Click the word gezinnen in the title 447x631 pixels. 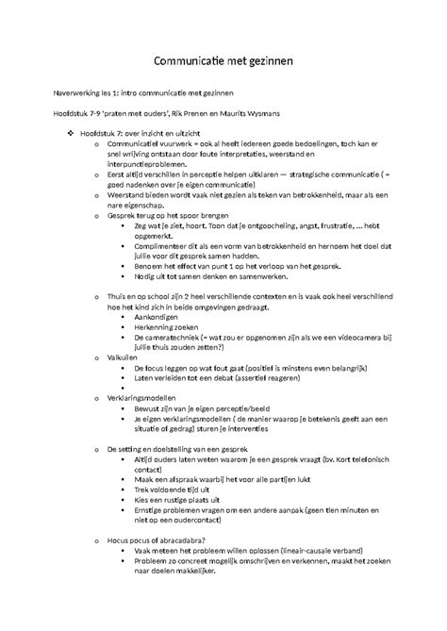[x=268, y=62]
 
